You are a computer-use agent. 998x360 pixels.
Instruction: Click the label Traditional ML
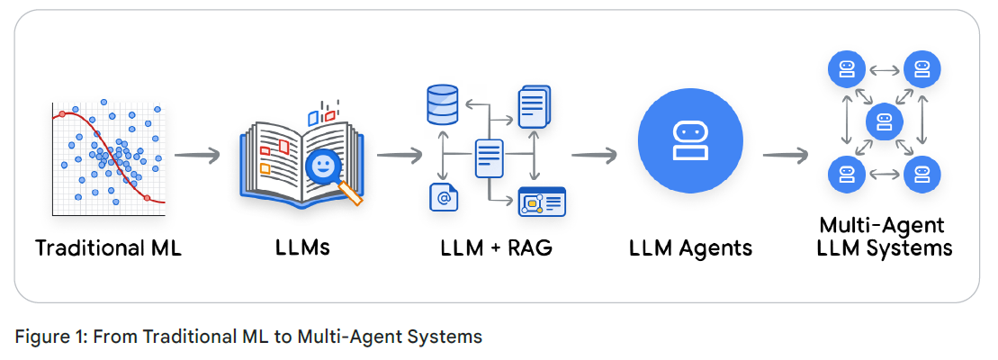coord(108,247)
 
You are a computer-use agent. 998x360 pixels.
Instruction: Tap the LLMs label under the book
coord(302,247)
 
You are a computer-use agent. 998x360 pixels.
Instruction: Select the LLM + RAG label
coord(496,247)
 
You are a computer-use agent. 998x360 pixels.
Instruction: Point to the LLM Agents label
coord(690,247)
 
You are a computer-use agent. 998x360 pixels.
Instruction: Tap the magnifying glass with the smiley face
coord(323,167)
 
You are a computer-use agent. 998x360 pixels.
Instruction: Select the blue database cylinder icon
coord(442,106)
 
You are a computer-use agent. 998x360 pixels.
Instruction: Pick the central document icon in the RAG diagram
coord(488,158)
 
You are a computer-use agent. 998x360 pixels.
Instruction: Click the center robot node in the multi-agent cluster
coord(884,120)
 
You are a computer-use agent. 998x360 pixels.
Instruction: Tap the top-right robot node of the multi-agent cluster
coord(922,67)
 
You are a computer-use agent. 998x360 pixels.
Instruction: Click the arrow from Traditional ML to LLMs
coord(197,155)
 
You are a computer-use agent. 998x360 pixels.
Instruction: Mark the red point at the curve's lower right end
coord(146,197)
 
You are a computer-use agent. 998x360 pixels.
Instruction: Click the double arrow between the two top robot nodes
coord(884,67)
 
